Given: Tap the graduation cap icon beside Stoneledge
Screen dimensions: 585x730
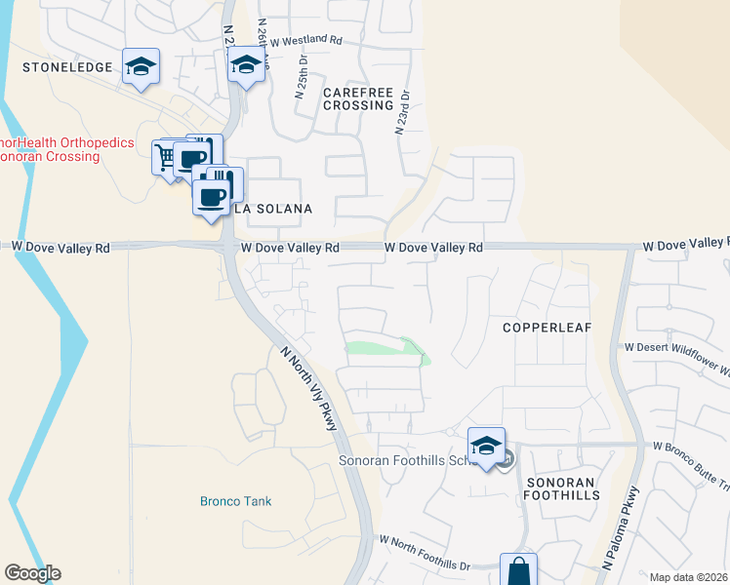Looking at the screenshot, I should [142, 66].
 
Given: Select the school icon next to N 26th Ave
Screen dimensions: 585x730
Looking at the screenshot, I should [246, 65].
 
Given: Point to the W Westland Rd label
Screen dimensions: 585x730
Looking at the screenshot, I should [306, 42].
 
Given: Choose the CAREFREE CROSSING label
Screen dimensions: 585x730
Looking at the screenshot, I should [358, 98].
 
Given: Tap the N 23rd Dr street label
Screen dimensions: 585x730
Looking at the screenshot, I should [401, 112].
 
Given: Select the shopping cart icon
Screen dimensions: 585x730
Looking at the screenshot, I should [167, 155].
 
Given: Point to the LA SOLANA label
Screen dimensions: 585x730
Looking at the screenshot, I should [272, 210].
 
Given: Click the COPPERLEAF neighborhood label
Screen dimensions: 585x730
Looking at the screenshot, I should [547, 328].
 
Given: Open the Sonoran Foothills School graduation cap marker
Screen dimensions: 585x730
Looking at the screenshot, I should [486, 445].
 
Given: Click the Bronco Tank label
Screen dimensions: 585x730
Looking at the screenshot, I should [235, 501].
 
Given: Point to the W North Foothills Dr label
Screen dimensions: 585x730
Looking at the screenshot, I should [425, 553].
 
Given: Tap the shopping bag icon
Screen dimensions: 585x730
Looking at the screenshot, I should [518, 569].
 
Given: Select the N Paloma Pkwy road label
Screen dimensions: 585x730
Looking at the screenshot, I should [620, 527].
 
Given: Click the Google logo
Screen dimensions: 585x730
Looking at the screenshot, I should [32, 573].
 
